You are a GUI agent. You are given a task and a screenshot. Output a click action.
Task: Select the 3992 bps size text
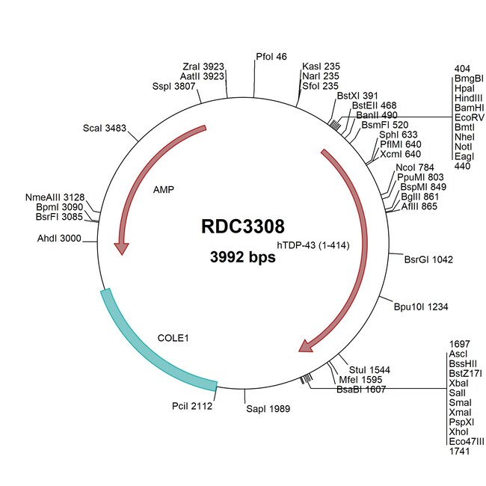click(242, 258)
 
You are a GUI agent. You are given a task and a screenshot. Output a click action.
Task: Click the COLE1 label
click(173, 338)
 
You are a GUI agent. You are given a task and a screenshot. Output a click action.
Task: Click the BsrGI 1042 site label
click(428, 259)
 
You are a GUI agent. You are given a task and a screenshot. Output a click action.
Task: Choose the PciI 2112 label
click(192, 407)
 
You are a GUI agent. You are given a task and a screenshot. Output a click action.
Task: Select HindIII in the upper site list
click(468, 98)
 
